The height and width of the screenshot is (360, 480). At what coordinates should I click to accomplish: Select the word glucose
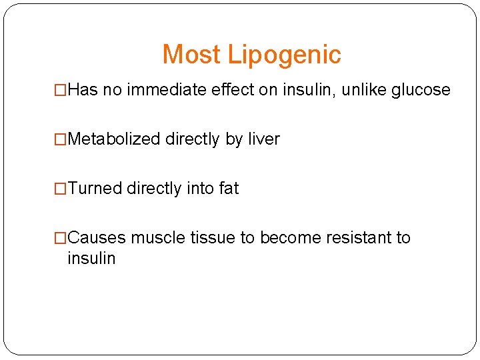coord(421,90)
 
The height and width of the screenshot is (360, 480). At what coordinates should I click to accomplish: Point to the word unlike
coord(364,90)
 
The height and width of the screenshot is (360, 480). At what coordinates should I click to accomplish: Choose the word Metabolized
coord(114,139)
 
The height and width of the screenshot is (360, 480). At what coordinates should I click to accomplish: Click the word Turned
coord(95,189)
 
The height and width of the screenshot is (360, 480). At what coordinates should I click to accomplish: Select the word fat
coord(228,189)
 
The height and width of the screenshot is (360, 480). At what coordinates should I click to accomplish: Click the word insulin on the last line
coord(91,258)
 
